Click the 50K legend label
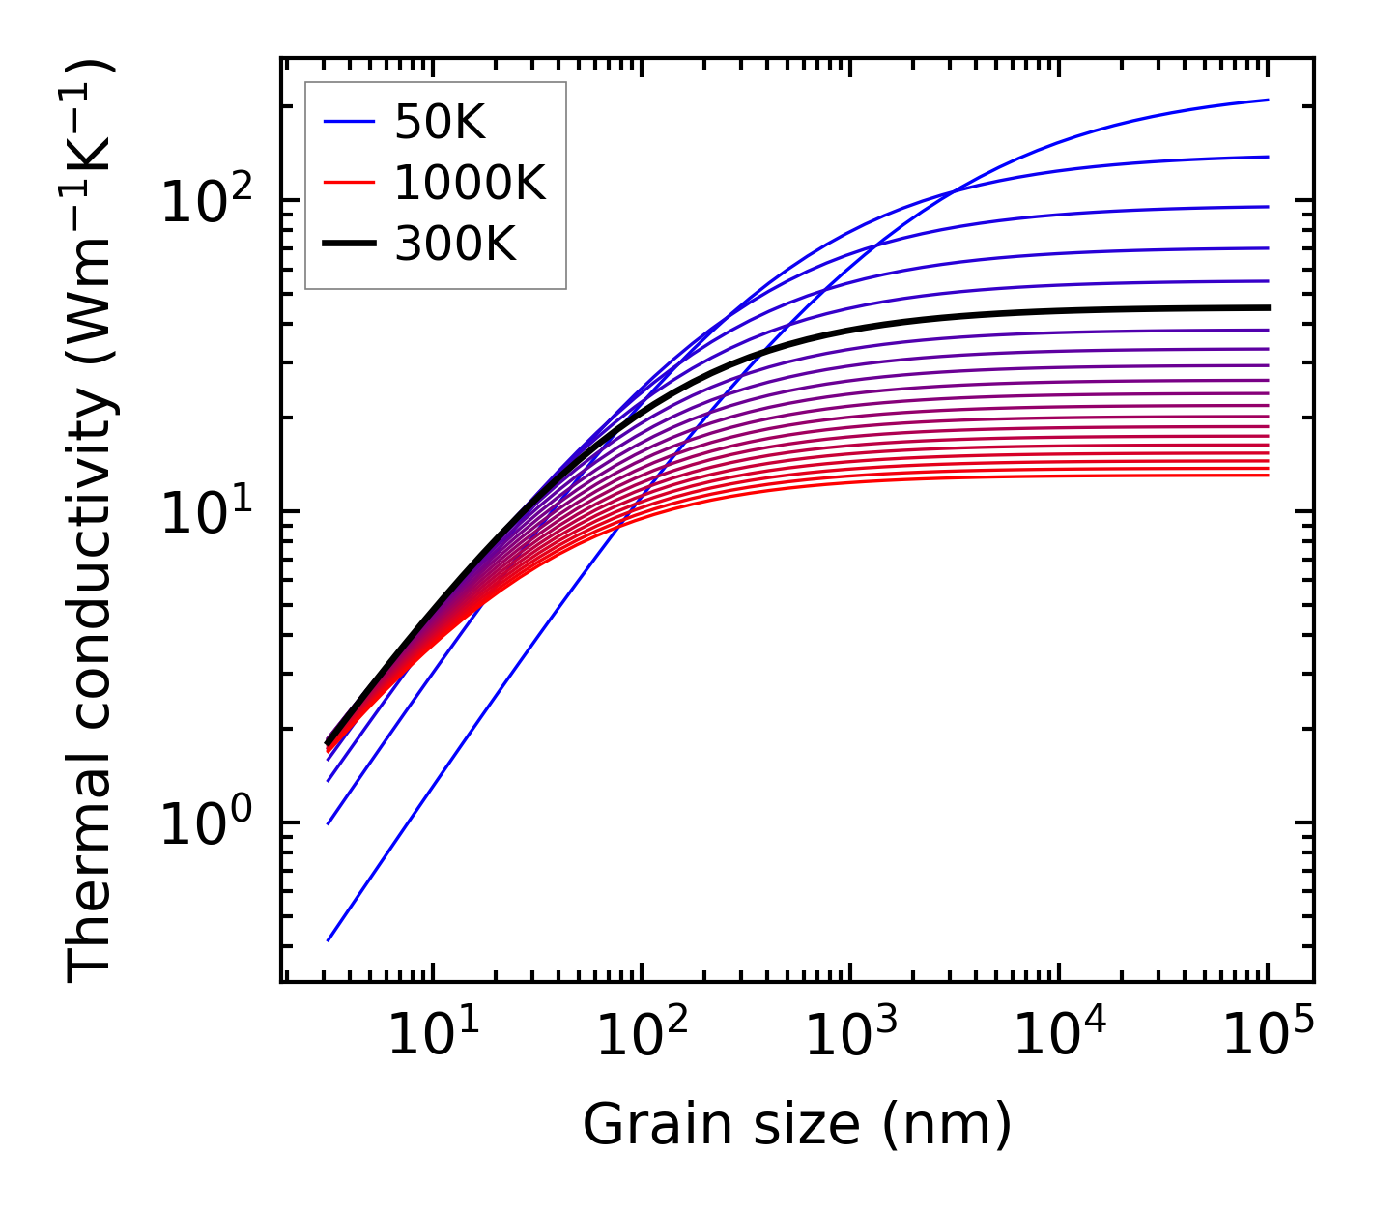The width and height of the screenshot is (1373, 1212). tap(440, 122)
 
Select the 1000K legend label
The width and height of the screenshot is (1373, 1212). tap(470, 183)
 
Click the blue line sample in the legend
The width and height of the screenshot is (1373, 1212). tap(348, 122)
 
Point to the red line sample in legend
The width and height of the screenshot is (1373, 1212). tap(348, 183)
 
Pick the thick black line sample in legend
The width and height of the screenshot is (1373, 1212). tap(348, 245)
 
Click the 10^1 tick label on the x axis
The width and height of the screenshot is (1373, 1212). tap(432, 1036)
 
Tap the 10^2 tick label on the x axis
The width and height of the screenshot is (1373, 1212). tap(641, 1036)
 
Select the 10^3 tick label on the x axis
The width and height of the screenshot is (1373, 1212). tap(850, 1036)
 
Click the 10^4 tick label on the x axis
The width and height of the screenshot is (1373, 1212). tap(1059, 1036)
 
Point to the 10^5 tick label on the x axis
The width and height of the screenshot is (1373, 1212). tap(1268, 1036)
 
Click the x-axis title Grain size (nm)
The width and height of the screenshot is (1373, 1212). tap(797, 1124)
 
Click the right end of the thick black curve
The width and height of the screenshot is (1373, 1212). tap(1268, 307)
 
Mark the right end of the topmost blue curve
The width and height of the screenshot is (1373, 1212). tap(1268, 100)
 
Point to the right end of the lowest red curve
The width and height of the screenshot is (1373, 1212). tap(1268, 475)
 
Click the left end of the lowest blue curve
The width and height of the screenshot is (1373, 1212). tap(329, 939)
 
